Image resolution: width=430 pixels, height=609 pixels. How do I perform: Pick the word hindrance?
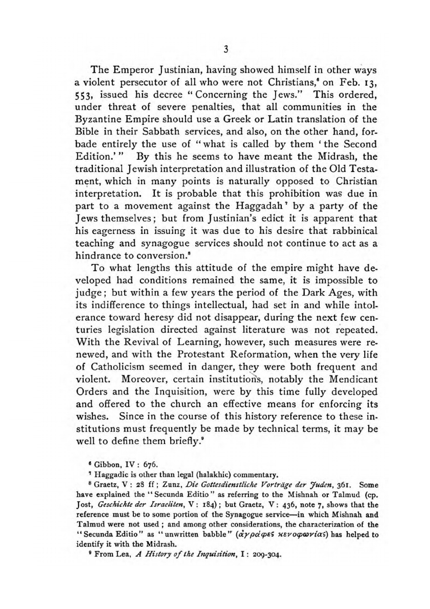[x=98, y=256]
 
